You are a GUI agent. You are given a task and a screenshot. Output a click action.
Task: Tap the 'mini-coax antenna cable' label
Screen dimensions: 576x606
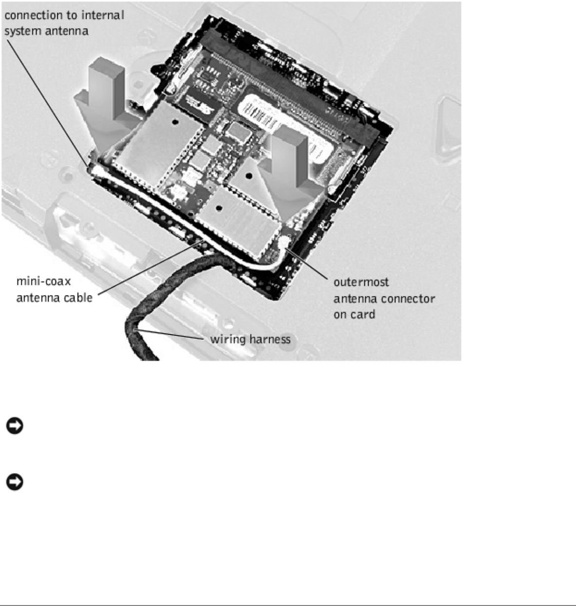54,289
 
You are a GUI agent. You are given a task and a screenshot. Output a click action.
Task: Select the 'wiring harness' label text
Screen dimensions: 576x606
250,339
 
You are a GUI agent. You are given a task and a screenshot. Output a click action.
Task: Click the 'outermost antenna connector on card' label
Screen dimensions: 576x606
384,298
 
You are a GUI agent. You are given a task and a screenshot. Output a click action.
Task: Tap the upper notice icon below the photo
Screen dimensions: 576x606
15,426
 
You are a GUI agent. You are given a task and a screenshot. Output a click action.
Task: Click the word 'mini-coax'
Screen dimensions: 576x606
44,281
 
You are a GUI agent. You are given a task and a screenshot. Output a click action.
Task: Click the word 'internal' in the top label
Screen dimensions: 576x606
103,15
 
